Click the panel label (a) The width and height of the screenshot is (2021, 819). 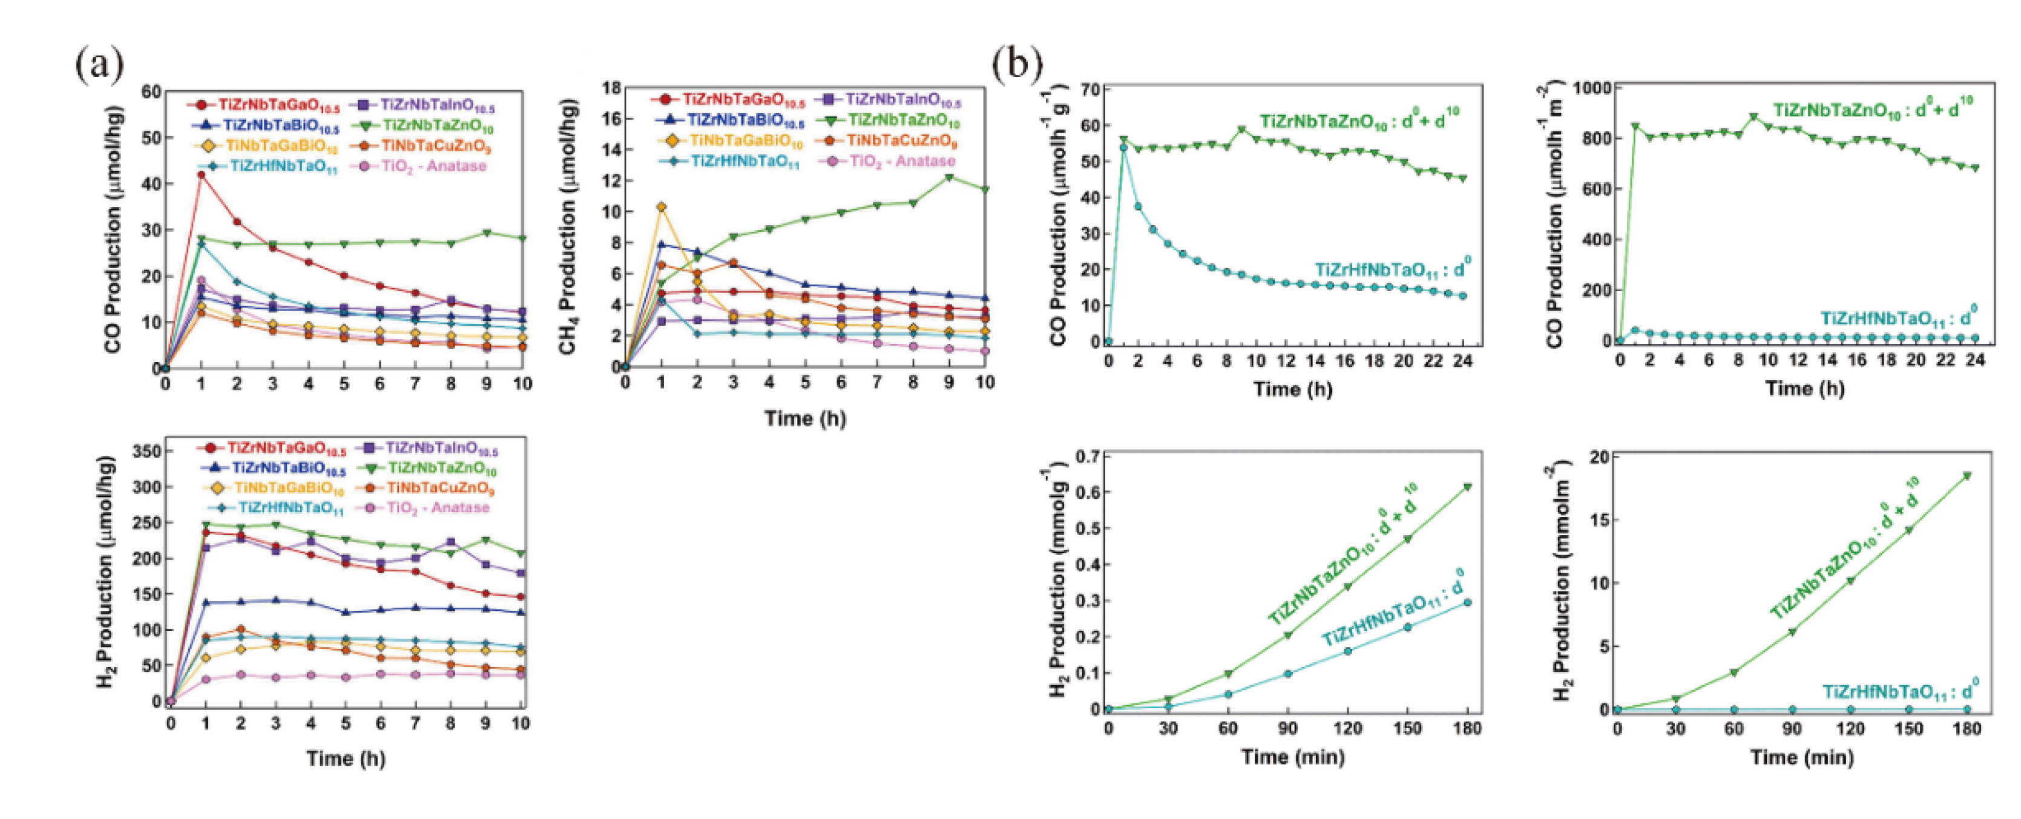100,65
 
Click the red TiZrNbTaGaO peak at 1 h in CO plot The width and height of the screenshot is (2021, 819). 201,175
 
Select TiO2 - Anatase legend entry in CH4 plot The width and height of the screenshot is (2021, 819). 895,162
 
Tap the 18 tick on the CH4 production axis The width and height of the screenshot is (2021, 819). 610,88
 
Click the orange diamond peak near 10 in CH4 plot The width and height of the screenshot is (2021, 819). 662,207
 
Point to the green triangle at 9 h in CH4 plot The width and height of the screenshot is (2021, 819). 949,178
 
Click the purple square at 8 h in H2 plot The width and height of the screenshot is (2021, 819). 450,542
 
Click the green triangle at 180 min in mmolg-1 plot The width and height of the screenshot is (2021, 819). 1467,487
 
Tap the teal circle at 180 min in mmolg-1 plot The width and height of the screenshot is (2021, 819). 1467,602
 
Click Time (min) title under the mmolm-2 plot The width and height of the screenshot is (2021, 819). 1801,757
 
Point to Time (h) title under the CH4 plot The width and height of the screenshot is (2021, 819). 805,418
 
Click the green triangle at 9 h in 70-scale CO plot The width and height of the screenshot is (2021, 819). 1241,130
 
